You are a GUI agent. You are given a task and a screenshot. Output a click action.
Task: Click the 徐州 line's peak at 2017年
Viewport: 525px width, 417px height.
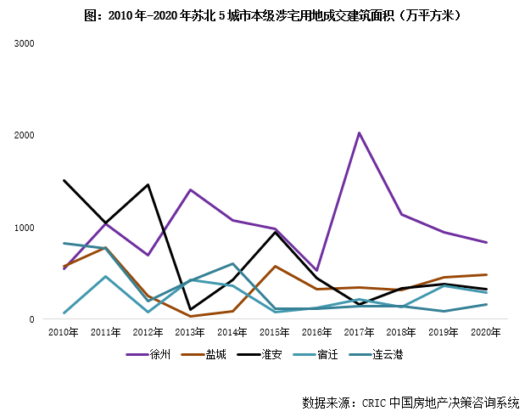tap(360, 132)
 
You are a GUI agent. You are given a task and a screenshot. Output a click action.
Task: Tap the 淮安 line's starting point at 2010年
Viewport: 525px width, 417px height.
tap(64, 180)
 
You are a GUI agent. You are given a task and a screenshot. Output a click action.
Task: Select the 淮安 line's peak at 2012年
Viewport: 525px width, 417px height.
tap(148, 184)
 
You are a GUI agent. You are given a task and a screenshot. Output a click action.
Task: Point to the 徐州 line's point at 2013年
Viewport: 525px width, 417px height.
tap(191, 189)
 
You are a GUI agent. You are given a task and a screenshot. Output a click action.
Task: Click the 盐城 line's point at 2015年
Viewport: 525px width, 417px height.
tap(275, 266)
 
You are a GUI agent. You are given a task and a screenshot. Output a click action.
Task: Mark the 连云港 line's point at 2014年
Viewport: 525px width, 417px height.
tap(232, 263)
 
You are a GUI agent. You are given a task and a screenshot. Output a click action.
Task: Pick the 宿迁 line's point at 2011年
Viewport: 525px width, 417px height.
tap(106, 276)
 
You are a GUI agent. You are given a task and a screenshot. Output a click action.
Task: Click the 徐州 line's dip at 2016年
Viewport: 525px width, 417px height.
tap(317, 270)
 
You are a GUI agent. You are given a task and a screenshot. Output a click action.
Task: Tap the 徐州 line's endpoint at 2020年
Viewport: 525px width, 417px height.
tap(486, 242)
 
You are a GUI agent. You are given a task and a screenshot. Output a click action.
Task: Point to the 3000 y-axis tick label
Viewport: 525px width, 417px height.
tap(25, 42)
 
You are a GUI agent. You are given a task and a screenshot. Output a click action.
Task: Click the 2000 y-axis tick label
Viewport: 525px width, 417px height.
tap(25, 135)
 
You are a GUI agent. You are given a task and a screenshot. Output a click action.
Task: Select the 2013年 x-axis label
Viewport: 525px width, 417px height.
tap(191, 331)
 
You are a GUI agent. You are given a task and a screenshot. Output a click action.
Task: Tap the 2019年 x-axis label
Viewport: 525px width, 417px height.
tap(444, 331)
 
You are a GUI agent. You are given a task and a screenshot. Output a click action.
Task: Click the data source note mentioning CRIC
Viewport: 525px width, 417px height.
tap(410, 402)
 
